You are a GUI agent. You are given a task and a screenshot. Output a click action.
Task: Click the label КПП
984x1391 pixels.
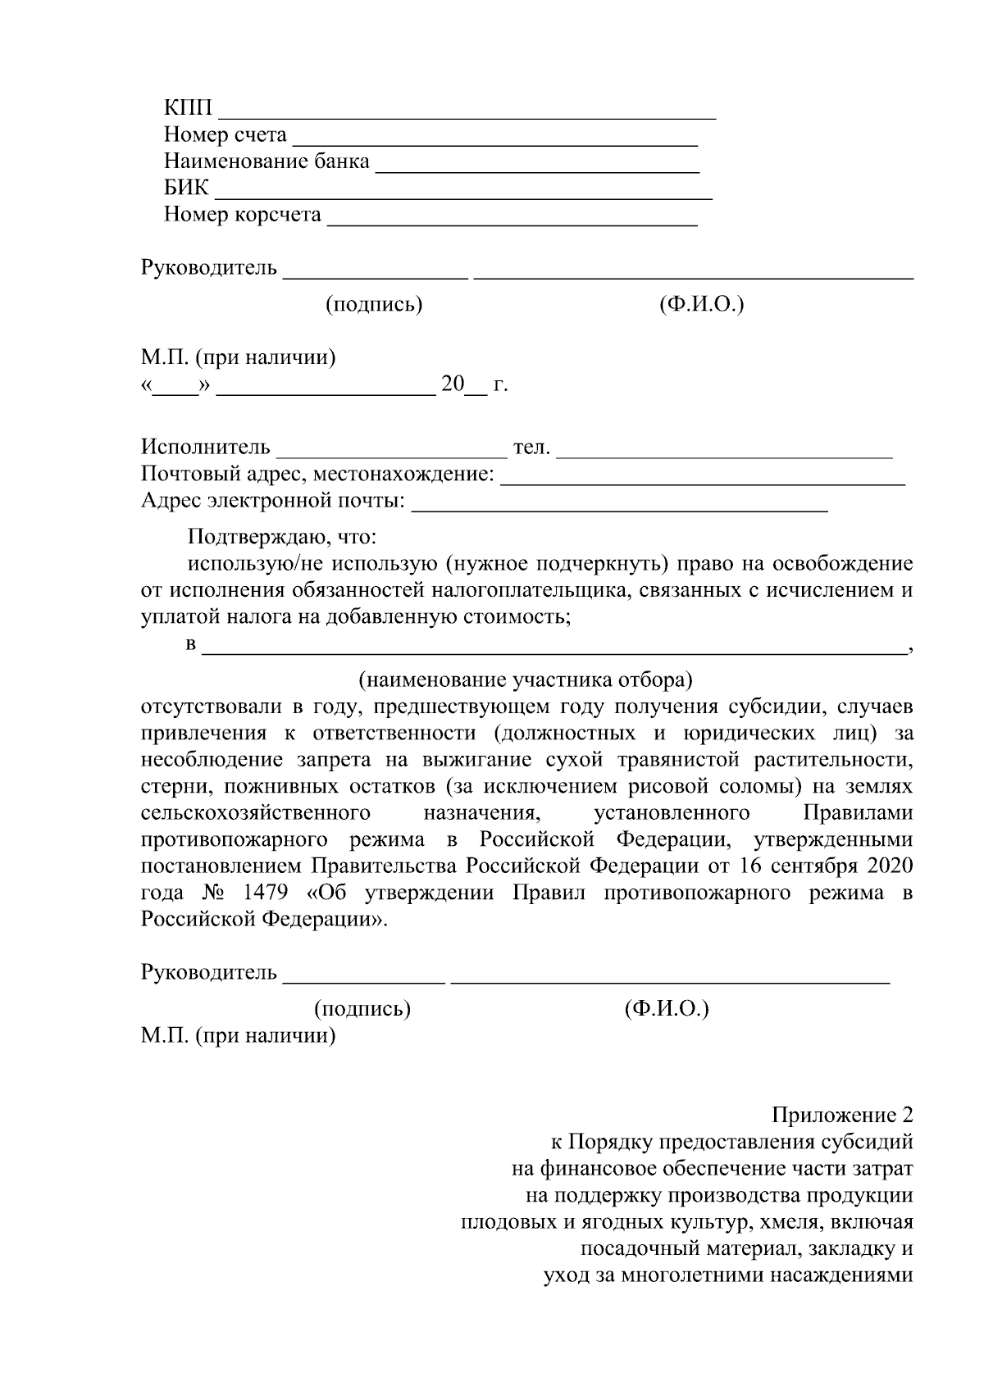pyautogui.click(x=188, y=109)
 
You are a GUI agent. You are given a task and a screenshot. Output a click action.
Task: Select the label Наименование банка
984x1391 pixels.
pyautogui.click(x=266, y=161)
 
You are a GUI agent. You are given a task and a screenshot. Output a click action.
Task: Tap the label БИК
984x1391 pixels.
pyautogui.click(x=186, y=189)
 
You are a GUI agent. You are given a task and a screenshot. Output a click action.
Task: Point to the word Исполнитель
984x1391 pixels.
pyautogui.click(x=206, y=448)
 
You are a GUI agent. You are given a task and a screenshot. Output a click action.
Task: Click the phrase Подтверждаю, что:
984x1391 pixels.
pyautogui.click(x=282, y=538)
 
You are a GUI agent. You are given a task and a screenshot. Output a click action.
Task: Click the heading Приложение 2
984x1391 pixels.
pyautogui.click(x=842, y=1116)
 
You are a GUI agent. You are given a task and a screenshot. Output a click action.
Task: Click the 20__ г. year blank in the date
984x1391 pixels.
pyautogui.click(x=475, y=384)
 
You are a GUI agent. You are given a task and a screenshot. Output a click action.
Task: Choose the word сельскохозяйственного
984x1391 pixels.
pyautogui.click(x=256, y=813)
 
